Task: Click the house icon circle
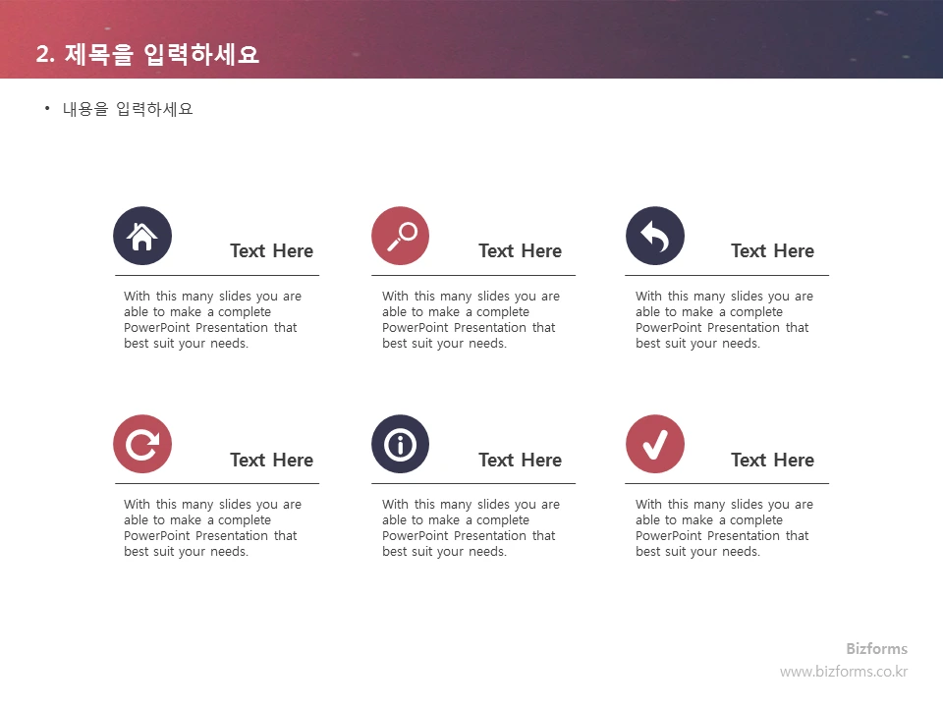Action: [142, 236]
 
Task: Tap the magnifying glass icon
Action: [401, 236]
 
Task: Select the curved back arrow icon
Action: [655, 236]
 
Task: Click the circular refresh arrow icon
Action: [142, 444]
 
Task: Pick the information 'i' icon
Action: [401, 444]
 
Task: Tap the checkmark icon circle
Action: [655, 444]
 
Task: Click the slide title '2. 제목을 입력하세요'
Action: [147, 54]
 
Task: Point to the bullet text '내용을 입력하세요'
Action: [128, 109]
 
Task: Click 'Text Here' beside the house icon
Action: [271, 251]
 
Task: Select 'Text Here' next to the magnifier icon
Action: [520, 251]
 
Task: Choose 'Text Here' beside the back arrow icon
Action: [772, 251]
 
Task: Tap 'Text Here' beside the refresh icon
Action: [271, 460]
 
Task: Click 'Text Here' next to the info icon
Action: [520, 460]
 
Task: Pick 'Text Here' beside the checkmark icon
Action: [772, 460]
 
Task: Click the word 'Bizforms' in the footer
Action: [876, 649]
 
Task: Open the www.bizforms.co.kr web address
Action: [844, 672]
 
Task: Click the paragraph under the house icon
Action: [212, 320]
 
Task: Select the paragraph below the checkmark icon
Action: [724, 528]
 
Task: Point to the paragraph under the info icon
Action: [471, 528]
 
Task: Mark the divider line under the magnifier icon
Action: [473, 276]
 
